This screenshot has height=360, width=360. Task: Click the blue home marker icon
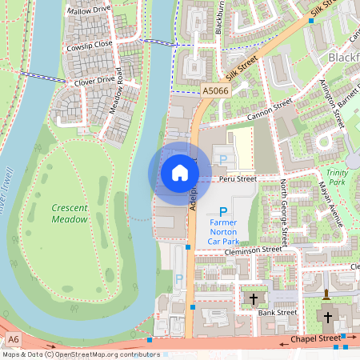click(x=179, y=173)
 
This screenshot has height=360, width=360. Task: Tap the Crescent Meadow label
click(x=69, y=212)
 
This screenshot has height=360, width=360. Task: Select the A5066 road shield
click(x=214, y=92)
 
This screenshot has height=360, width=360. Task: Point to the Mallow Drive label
click(x=90, y=11)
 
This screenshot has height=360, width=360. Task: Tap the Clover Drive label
click(x=94, y=80)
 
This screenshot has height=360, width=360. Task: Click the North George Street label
click(x=284, y=212)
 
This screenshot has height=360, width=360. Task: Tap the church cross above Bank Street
click(x=254, y=298)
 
